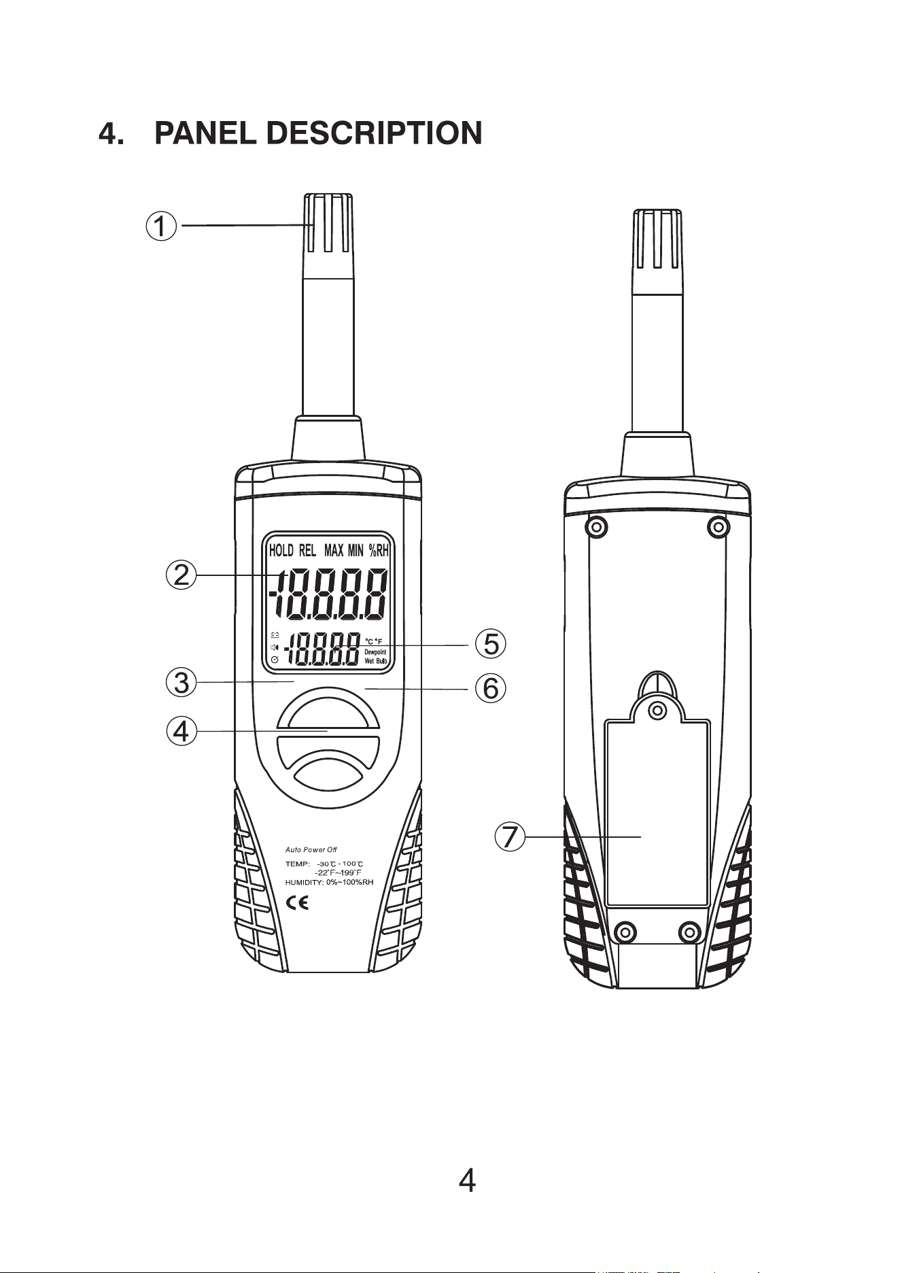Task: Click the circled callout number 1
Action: pos(162,226)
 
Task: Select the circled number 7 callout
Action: pos(510,836)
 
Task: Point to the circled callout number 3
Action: pos(181,682)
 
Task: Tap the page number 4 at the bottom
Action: pos(467,1182)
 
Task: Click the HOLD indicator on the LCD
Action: pos(281,550)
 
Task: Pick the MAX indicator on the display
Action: pos(334,550)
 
